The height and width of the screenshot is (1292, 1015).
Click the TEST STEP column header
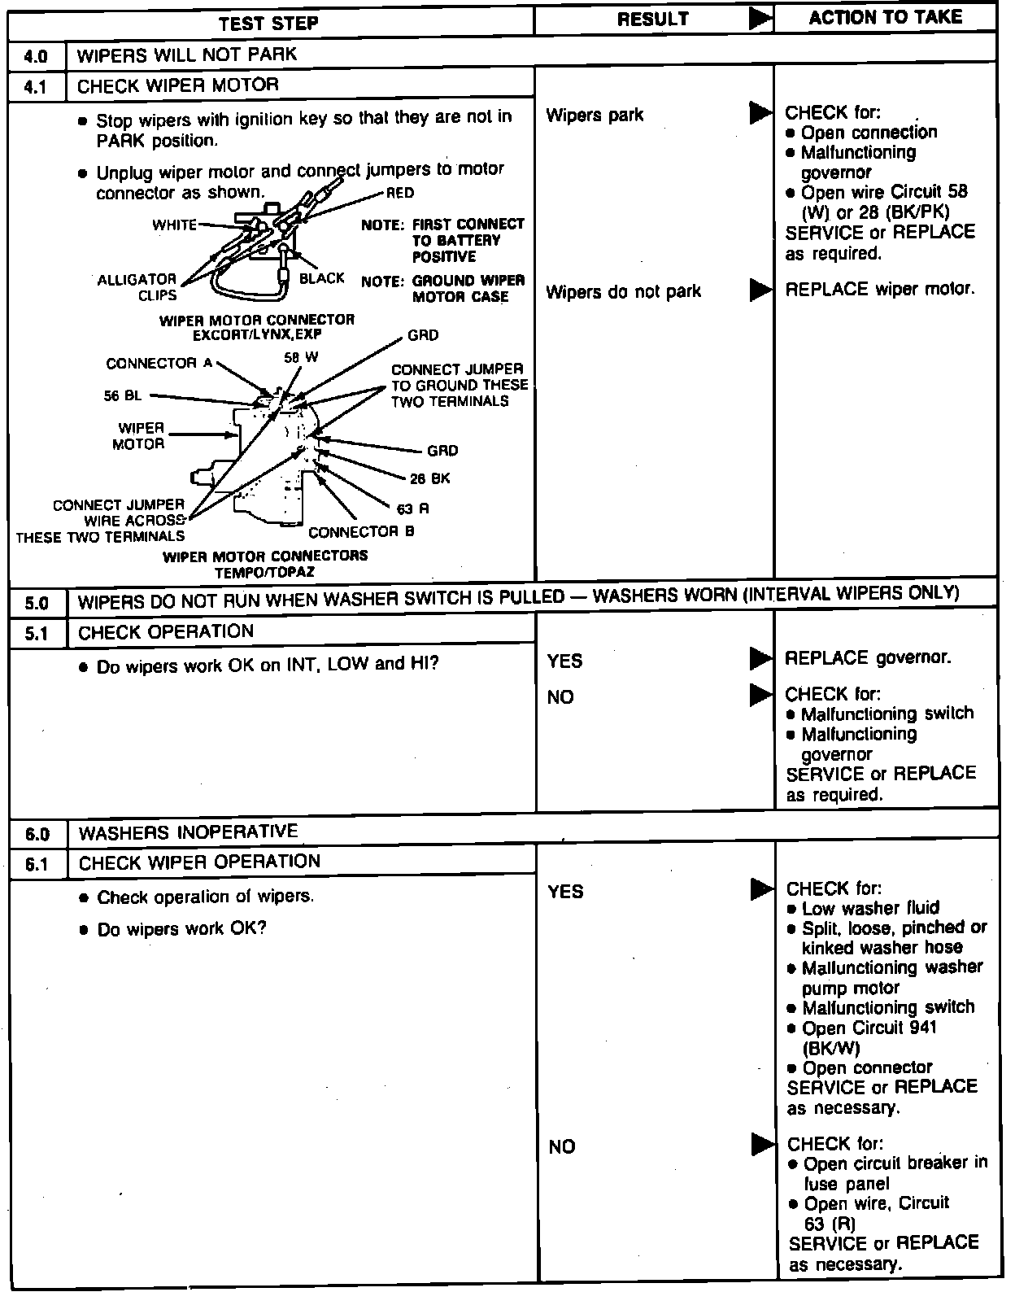click(x=268, y=23)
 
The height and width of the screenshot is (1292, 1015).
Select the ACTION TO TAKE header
click(x=885, y=18)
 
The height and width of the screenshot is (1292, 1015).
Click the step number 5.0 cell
click(x=37, y=603)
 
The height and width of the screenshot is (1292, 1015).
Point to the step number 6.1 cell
click(x=37, y=864)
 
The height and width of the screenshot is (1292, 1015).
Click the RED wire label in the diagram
click(x=400, y=193)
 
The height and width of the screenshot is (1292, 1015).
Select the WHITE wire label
click(x=174, y=225)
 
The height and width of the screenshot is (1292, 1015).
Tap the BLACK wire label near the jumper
click(x=322, y=278)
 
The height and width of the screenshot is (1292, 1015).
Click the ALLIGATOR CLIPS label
click(x=137, y=287)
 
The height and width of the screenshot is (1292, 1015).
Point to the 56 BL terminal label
click(x=123, y=395)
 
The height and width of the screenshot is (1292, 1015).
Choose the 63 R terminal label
click(x=412, y=509)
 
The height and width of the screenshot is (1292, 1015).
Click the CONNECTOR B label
click(x=361, y=532)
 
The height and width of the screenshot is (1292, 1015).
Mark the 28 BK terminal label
click(x=430, y=478)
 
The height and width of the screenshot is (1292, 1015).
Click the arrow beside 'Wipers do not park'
click(x=760, y=290)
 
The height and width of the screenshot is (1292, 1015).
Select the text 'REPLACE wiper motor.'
click(x=879, y=289)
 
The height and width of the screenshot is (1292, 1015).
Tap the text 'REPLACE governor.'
click(x=868, y=657)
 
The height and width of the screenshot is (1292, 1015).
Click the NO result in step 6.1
click(x=562, y=1146)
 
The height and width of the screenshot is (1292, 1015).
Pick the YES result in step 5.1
click(x=564, y=661)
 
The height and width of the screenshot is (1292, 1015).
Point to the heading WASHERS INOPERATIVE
click(x=189, y=832)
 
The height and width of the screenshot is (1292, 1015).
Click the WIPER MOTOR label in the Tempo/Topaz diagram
click(x=142, y=436)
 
